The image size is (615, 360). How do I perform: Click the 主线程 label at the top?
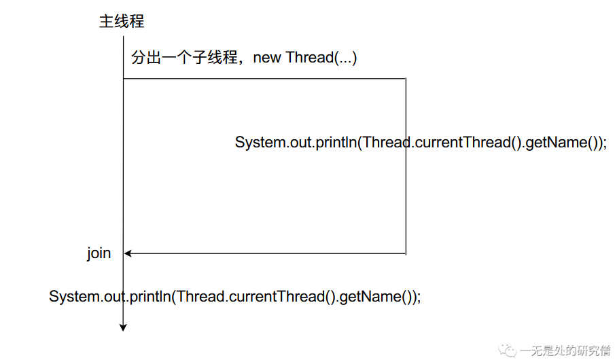point(122,21)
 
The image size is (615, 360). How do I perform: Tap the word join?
point(99,253)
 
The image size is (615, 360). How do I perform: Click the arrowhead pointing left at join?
point(128,254)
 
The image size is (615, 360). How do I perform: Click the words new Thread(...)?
point(305,58)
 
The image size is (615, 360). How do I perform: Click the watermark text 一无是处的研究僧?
point(565,350)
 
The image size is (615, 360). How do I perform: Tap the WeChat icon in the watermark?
point(508,350)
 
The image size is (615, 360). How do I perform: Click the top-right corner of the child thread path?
point(406,79)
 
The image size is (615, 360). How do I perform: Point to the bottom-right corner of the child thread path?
point(406,254)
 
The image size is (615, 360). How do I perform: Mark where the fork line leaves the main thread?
point(123,79)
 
